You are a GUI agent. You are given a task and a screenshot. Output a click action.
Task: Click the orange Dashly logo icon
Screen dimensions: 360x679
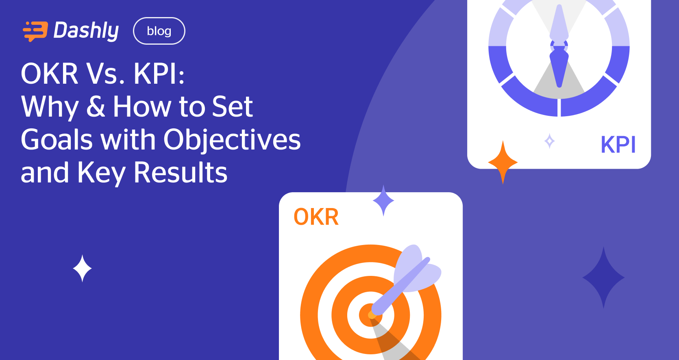coord(35,31)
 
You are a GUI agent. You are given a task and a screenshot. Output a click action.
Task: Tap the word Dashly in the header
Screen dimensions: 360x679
coord(86,31)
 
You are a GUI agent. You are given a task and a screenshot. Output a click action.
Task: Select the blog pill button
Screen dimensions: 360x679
coord(159,31)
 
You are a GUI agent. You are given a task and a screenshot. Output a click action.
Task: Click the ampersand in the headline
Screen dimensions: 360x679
coord(96,106)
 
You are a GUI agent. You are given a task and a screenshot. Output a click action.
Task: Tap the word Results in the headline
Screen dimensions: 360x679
coord(181,173)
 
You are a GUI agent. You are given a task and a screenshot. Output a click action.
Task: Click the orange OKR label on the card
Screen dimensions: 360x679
coord(316,217)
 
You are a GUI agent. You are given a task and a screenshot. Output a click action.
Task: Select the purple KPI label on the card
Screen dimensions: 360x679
coord(618,145)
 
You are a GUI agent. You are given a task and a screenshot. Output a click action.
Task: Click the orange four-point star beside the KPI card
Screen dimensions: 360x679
coord(503,163)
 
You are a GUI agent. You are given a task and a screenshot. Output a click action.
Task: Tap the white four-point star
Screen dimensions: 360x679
coord(82,268)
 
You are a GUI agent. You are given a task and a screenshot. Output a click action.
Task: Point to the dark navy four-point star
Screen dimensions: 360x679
coord(603,278)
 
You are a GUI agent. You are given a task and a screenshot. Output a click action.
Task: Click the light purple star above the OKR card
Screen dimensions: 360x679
coord(383,200)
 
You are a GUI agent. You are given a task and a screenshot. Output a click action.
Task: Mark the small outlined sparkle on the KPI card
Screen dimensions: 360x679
coord(550,141)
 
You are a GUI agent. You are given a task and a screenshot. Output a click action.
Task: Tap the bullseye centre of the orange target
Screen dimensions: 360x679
coord(371,315)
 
